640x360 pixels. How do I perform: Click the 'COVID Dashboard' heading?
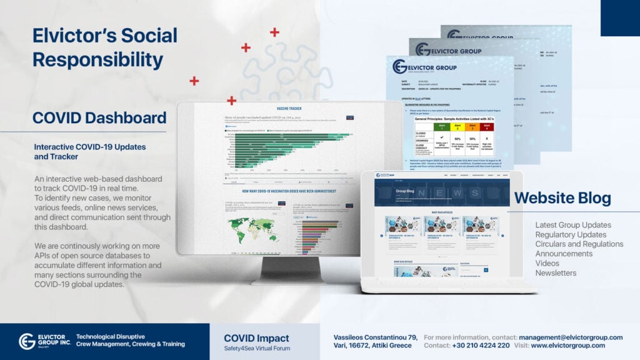pos(99,118)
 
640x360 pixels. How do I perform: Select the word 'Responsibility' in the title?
pos(97,59)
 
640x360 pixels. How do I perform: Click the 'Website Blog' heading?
pos(562,199)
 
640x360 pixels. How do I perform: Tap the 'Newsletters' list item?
pos(556,273)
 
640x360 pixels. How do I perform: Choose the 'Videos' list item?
pos(548,263)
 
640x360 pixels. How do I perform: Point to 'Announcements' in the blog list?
pos(564,254)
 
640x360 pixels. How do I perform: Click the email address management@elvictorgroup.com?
pos(571,337)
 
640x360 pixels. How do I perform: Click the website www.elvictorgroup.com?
pos(567,345)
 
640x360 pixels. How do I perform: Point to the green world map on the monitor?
pos(254,224)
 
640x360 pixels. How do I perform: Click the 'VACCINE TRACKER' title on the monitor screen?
pos(289,108)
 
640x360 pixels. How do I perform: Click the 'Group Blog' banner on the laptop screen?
pos(406,191)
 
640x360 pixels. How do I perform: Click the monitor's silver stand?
pos(280,271)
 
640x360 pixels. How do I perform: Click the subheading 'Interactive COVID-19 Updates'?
pos(90,146)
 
